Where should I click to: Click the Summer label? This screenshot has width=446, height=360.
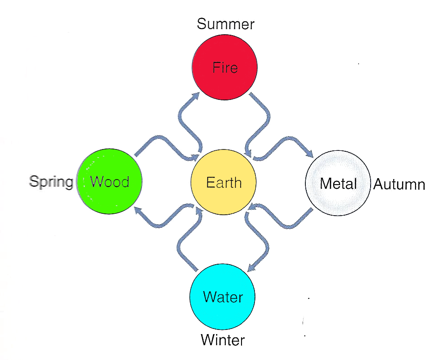[x=225, y=24]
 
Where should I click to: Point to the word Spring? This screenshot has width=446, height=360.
[x=51, y=181]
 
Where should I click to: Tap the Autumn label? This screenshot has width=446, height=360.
[x=399, y=185]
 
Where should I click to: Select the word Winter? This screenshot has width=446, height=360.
[x=223, y=341]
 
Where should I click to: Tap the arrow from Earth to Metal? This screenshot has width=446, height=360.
[x=287, y=141]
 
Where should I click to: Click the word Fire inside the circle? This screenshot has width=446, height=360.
[x=225, y=68]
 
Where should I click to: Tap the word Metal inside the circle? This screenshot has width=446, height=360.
[x=338, y=184]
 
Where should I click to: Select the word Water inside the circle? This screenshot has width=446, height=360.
[x=223, y=297]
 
